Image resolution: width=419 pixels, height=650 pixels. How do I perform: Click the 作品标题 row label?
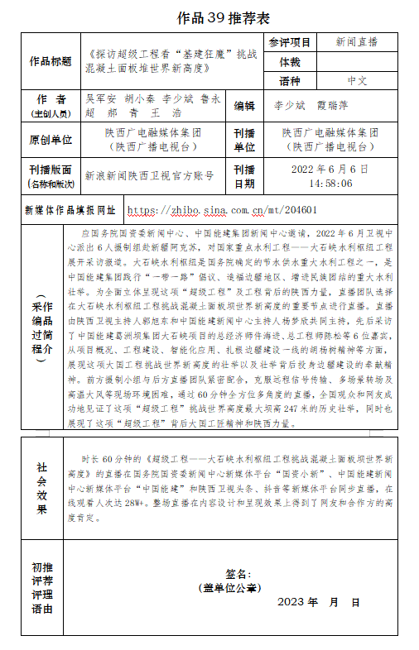pos(51,61)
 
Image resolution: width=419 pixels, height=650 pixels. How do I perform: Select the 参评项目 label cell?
pos(289,42)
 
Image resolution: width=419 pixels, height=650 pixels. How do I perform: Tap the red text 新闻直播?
pos(357,42)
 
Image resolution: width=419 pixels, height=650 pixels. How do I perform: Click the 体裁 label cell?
pos(289,62)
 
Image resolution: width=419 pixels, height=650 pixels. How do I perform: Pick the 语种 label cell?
pos(289,81)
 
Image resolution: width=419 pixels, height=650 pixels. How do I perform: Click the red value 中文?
pos(357,81)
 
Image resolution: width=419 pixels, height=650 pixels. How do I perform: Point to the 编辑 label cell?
pos(244,106)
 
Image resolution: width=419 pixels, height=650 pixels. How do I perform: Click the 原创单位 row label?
pos(51,140)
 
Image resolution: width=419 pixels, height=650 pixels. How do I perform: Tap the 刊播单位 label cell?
pos(244,140)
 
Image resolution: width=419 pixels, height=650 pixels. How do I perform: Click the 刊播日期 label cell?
pos(244,176)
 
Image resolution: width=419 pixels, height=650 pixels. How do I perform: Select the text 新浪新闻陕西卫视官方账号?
pos(150,175)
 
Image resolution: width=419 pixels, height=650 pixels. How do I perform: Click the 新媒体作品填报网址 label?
pos(70,210)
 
